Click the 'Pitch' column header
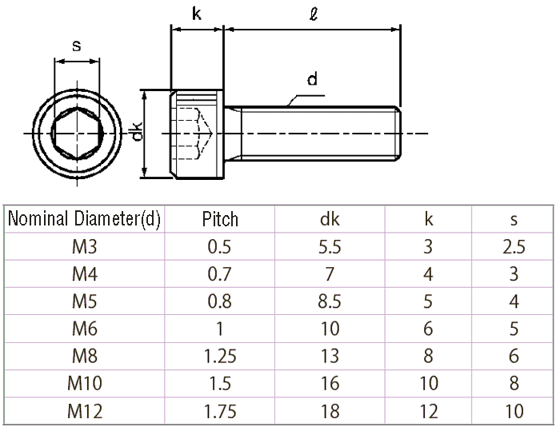click(x=220, y=219)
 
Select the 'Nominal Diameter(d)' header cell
click(x=84, y=219)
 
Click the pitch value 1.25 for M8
click(x=219, y=356)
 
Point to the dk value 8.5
click(x=330, y=301)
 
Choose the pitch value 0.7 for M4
click(x=219, y=274)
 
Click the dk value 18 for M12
click(x=330, y=411)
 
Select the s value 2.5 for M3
click(x=514, y=246)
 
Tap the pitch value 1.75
click(x=219, y=411)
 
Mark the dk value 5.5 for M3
click(x=330, y=246)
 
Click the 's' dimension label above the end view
click(x=77, y=46)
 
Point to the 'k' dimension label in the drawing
click(x=197, y=14)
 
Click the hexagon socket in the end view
click(x=77, y=132)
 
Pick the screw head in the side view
click(x=196, y=132)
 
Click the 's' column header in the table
click(x=514, y=219)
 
